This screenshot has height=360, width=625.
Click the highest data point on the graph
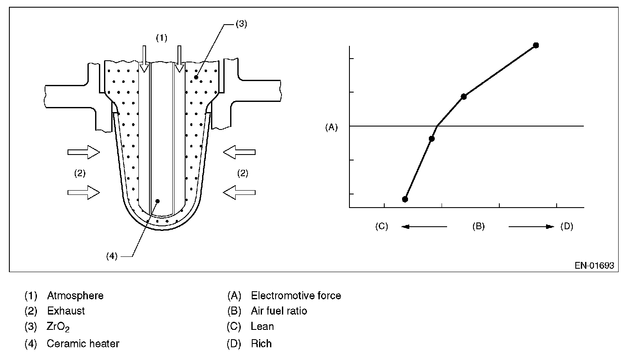[x=536, y=45]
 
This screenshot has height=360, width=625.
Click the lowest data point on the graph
[x=405, y=199]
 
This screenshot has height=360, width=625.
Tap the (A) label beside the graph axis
[x=331, y=127]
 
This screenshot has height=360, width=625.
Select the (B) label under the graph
[x=479, y=226]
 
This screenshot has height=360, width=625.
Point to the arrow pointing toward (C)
[x=424, y=227]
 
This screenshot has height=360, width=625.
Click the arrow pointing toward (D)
[x=531, y=227]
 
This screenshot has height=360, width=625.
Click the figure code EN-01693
[x=594, y=266]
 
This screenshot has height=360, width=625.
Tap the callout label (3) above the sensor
[x=241, y=24]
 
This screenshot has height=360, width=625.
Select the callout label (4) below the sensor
[x=112, y=256]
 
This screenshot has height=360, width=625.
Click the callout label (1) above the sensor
[x=161, y=38]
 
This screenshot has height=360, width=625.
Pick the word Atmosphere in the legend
[x=75, y=295]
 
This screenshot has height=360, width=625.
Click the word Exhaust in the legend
[x=66, y=311]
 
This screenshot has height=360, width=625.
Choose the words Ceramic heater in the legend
[x=83, y=343]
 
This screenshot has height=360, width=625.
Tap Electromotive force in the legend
[x=296, y=295]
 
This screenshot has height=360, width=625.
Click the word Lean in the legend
[x=262, y=326]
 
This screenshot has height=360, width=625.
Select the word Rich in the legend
[x=261, y=343]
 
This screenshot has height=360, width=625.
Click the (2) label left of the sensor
[x=80, y=173]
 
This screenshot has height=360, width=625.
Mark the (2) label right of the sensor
[x=242, y=173]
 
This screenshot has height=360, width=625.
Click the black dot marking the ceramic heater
[x=158, y=201]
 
